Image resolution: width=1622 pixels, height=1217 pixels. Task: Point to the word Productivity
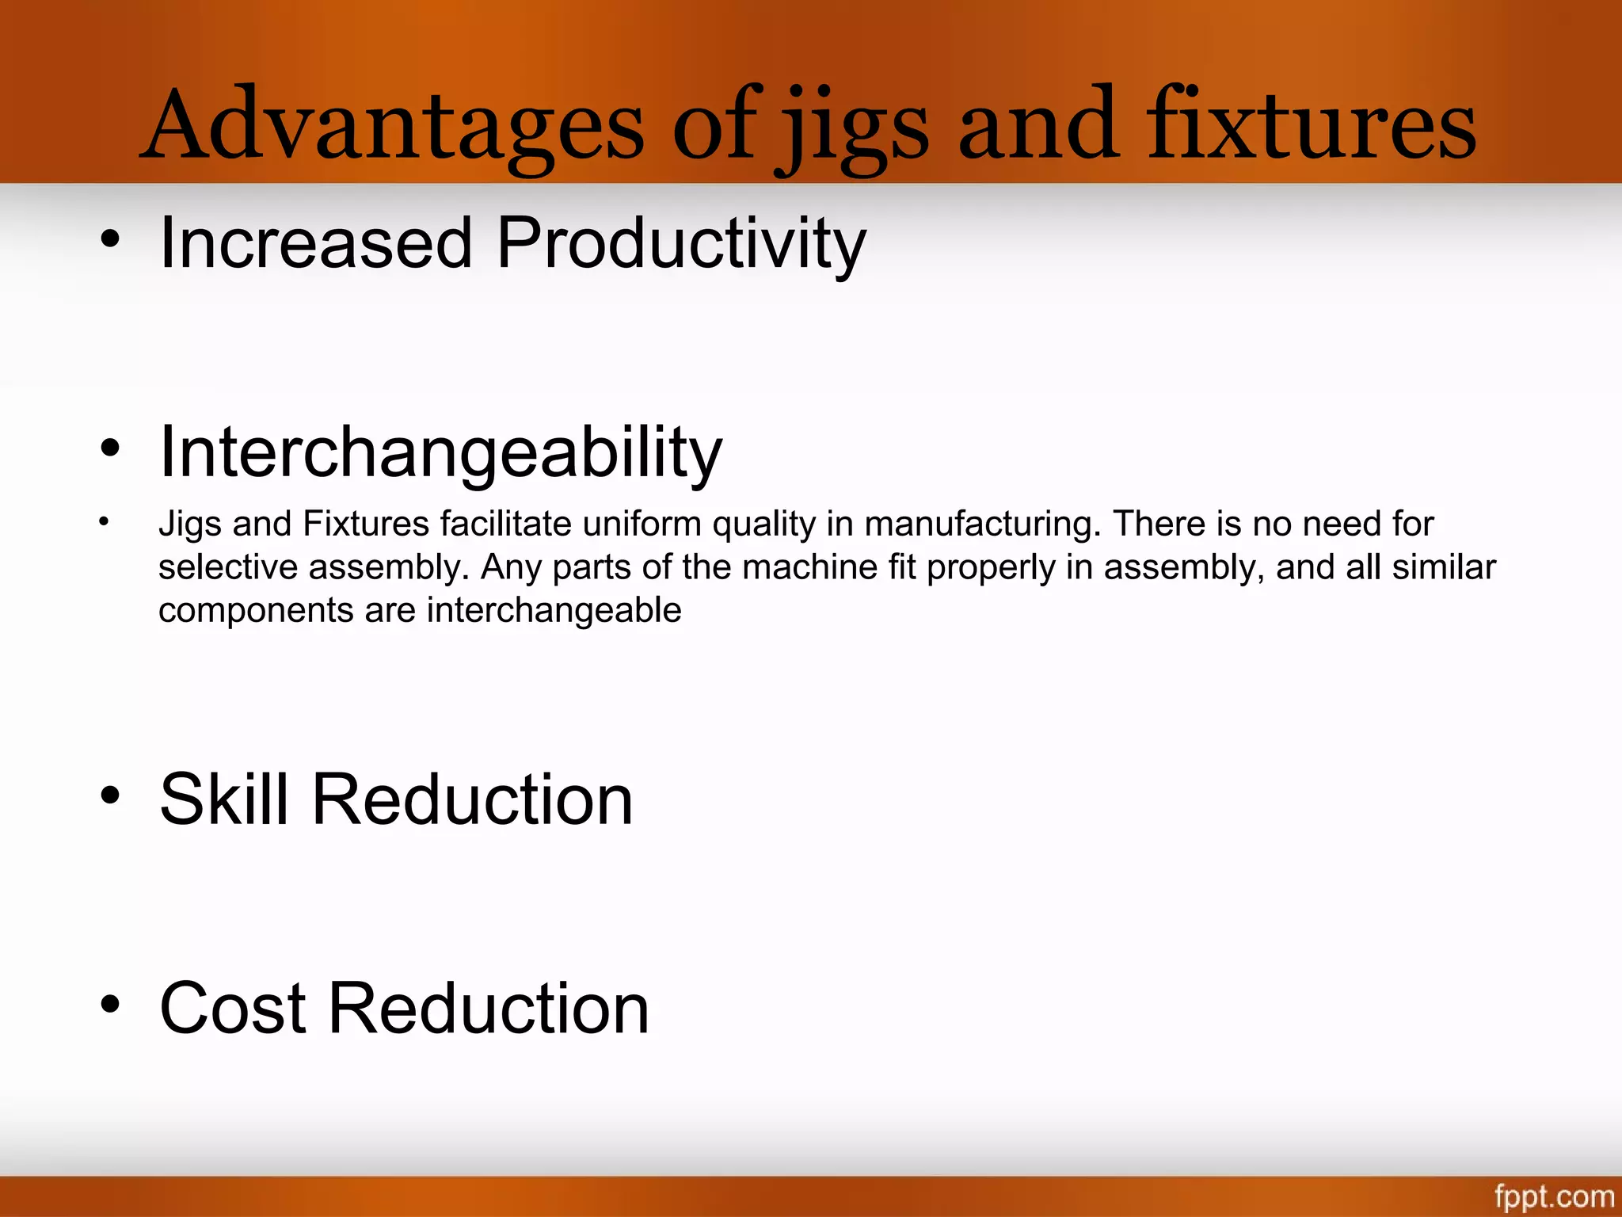(681, 243)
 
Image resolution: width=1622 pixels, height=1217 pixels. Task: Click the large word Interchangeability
(440, 452)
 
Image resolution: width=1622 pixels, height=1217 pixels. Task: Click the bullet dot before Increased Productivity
(110, 238)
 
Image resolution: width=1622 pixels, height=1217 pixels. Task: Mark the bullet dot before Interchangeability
(110, 448)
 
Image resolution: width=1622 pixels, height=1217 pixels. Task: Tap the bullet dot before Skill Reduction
(110, 795)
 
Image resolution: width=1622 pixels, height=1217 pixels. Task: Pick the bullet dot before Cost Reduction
(110, 1004)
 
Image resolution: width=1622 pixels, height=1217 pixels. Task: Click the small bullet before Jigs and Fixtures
(104, 521)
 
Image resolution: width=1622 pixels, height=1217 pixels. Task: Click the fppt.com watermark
(1554, 1196)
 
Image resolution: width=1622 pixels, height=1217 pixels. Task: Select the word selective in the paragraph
(227, 567)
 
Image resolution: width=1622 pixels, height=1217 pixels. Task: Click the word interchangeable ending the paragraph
(554, 610)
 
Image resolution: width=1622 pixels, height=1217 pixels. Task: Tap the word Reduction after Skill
(473, 799)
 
